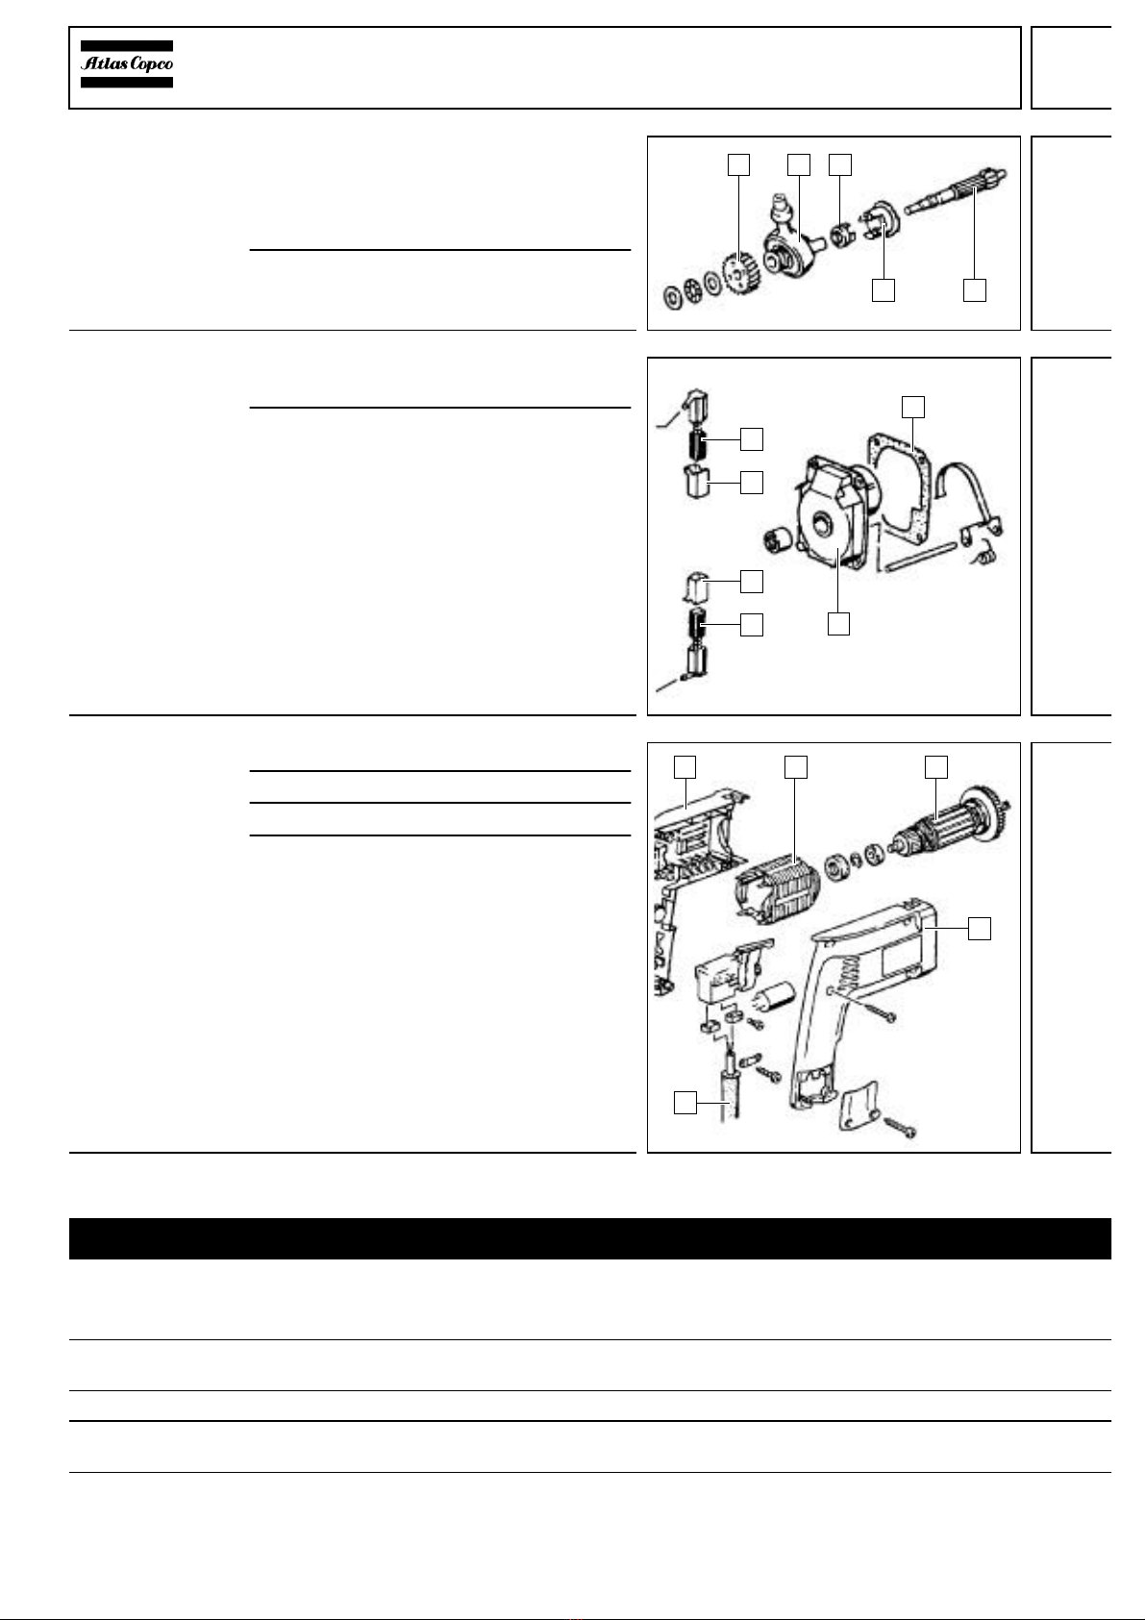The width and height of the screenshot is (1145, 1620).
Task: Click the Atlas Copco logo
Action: (127, 63)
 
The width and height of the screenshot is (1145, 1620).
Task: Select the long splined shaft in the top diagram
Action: (954, 191)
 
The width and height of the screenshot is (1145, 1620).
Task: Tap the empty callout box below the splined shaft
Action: (974, 290)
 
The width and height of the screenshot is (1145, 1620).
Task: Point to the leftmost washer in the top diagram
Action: (673, 296)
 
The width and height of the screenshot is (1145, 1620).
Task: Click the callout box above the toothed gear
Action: (738, 165)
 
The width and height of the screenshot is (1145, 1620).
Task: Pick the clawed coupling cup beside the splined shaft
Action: (879, 220)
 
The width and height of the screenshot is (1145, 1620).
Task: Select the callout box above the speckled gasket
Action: (912, 407)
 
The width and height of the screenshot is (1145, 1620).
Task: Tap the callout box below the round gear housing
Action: (838, 623)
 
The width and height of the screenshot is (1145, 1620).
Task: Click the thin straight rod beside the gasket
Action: (921, 557)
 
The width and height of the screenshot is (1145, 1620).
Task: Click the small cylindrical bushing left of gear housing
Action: (779, 538)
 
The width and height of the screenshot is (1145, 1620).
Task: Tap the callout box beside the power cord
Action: (685, 1103)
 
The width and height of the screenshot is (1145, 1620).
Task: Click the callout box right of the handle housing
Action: (980, 929)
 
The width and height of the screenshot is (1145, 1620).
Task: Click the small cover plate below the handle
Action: (859, 1106)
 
